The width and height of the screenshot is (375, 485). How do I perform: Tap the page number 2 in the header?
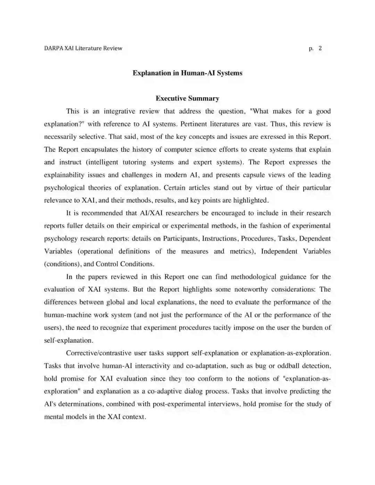[320, 48]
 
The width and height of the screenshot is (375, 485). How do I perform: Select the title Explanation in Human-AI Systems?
[187, 73]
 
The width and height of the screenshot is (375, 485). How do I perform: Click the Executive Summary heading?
[187, 98]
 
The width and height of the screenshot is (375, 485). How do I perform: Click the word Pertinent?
[194, 124]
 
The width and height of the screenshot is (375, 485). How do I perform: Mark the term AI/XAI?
[151, 213]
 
